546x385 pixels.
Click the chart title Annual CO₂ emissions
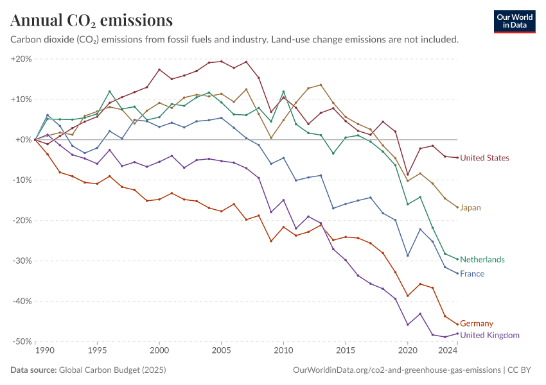pos(92,21)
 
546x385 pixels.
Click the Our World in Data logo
pos(515,21)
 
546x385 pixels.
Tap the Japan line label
pos(471,207)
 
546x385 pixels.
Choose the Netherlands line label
pos(482,259)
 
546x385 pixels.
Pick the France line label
pos(472,274)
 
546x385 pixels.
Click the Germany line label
pos(477,323)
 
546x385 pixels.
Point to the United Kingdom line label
pos(489,335)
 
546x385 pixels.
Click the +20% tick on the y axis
pos(21,59)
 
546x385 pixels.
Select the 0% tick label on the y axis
pos(24,140)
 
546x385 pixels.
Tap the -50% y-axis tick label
pos(21,341)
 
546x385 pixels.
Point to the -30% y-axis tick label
pos(21,261)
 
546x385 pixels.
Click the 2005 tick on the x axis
pos(222,351)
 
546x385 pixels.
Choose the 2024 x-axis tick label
pos(448,351)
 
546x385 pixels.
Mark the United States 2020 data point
pos(407,175)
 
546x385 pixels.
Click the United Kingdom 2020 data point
pos(407,324)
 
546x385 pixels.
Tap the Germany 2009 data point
pos(271,241)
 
